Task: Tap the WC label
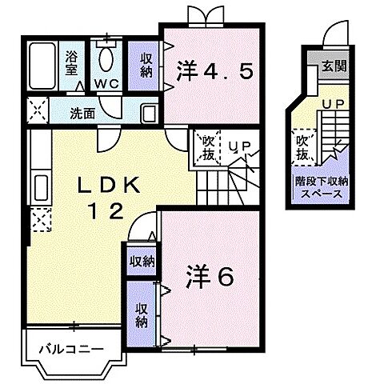(x=105, y=82)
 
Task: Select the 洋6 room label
(x=211, y=277)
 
